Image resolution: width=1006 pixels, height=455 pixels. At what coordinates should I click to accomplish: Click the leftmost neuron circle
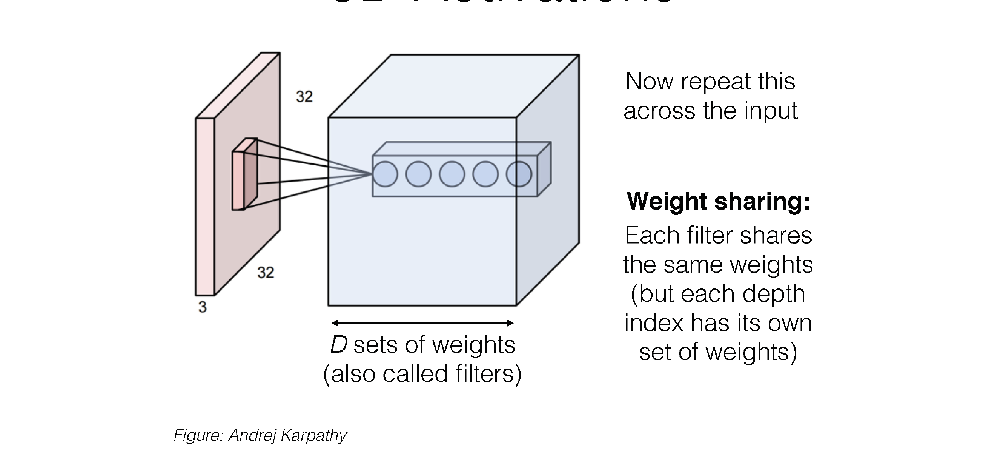[x=385, y=174]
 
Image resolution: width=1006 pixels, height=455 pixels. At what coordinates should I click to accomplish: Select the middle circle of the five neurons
[x=452, y=174]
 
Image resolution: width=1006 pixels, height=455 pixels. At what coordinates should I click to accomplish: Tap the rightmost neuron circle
[x=519, y=174]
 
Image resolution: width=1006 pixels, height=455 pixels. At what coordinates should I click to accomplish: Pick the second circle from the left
[x=418, y=174]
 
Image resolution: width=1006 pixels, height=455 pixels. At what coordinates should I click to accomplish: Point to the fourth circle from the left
[x=485, y=174]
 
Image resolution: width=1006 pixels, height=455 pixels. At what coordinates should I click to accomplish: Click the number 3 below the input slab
[x=202, y=307]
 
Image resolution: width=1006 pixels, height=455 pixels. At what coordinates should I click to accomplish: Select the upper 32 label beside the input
[x=304, y=97]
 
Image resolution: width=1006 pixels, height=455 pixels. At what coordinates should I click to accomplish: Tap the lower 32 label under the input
[x=266, y=273]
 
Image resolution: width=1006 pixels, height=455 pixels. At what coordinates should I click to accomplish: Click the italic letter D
[x=339, y=345]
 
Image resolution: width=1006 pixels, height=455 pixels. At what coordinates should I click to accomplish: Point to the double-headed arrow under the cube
[x=422, y=323]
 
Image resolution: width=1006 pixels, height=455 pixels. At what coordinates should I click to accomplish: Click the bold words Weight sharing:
[x=719, y=201]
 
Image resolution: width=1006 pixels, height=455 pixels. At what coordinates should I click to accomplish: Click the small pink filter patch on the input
[x=244, y=175]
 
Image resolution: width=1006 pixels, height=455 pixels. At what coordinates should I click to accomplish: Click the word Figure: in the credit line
[x=198, y=435]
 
